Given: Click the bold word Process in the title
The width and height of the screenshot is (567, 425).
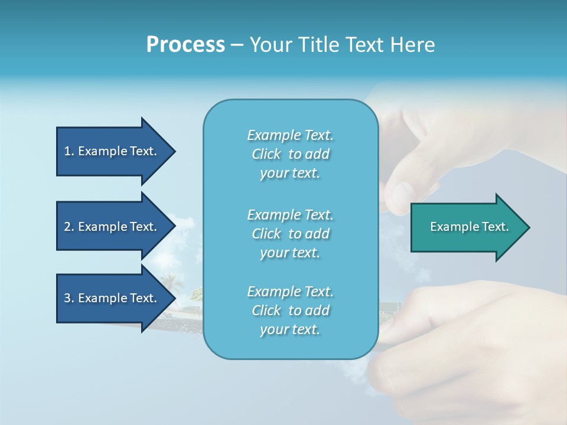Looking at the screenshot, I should pyautogui.click(x=185, y=45).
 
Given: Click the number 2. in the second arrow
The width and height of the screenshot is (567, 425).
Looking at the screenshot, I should pyautogui.click(x=69, y=227).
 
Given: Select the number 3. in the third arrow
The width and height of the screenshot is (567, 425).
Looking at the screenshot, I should pyautogui.click(x=69, y=298).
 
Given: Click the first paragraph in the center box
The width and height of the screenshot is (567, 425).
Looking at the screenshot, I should pyautogui.click(x=290, y=154).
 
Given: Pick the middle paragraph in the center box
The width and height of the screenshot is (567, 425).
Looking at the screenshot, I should pyautogui.click(x=290, y=234).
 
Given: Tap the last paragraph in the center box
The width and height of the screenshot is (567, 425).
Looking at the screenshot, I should pyautogui.click(x=290, y=310).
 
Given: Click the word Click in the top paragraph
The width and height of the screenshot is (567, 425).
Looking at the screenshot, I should pyautogui.click(x=266, y=154).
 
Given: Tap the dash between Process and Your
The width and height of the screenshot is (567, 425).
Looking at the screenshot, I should pyautogui.click(x=237, y=45).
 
